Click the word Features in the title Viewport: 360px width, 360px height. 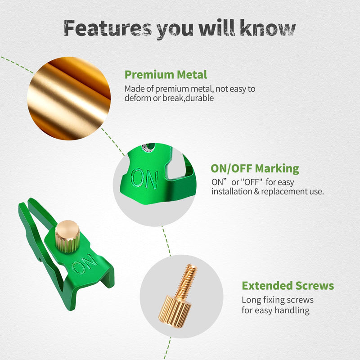[x=108, y=28]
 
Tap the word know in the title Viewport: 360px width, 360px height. [x=268, y=27]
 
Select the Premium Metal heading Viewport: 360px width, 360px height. [x=166, y=75]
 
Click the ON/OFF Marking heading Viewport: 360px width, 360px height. [x=255, y=168]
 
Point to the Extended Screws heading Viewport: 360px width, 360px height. [x=288, y=286]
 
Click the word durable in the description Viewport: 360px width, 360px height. [x=199, y=98]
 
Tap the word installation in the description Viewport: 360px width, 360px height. [x=232, y=191]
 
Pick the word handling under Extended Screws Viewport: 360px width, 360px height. [x=292, y=310]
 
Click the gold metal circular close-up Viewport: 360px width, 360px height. [x=69, y=99]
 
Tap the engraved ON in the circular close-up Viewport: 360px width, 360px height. [x=144, y=179]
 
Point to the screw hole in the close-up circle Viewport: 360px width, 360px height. [x=148, y=148]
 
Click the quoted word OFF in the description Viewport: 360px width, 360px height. [x=251, y=182]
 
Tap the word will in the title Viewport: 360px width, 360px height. [x=217, y=28]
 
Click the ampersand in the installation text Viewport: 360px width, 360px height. [x=256, y=192]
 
